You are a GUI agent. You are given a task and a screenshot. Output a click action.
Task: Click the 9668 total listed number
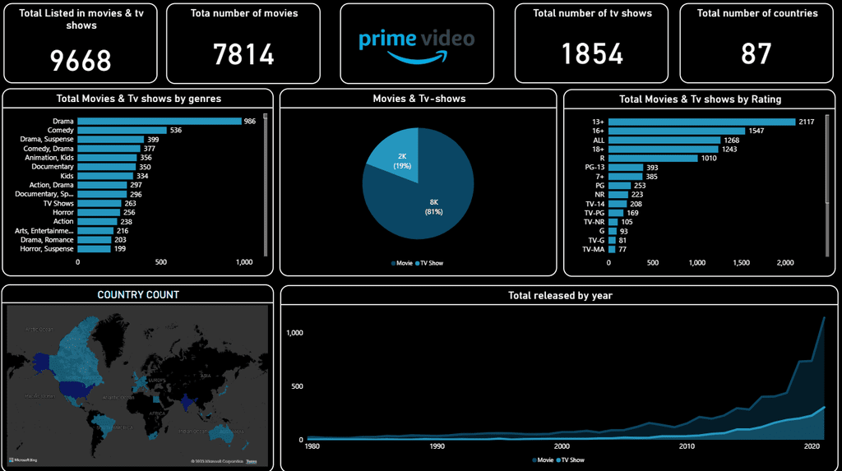tap(81, 60)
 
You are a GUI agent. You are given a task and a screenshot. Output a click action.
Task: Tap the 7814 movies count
tap(243, 54)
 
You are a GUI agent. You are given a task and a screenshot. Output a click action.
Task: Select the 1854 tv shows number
tap(592, 53)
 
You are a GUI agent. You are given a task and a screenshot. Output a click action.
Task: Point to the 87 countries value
tap(756, 53)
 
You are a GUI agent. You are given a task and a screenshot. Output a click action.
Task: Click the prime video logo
tap(417, 44)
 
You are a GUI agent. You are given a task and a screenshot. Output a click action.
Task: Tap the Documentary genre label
tap(53, 167)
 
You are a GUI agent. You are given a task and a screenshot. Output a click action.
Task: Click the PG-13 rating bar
tap(626, 168)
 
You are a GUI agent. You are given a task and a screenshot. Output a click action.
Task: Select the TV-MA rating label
tap(593, 249)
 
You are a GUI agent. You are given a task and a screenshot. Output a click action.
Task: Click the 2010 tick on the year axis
tap(687, 446)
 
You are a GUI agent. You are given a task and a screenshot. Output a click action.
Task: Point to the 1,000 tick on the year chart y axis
tap(294, 333)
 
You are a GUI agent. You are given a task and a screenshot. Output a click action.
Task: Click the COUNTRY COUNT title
tap(138, 294)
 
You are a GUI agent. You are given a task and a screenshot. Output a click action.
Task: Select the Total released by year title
tap(559, 295)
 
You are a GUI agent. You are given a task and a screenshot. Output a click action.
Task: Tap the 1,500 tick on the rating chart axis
tap(741, 263)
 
